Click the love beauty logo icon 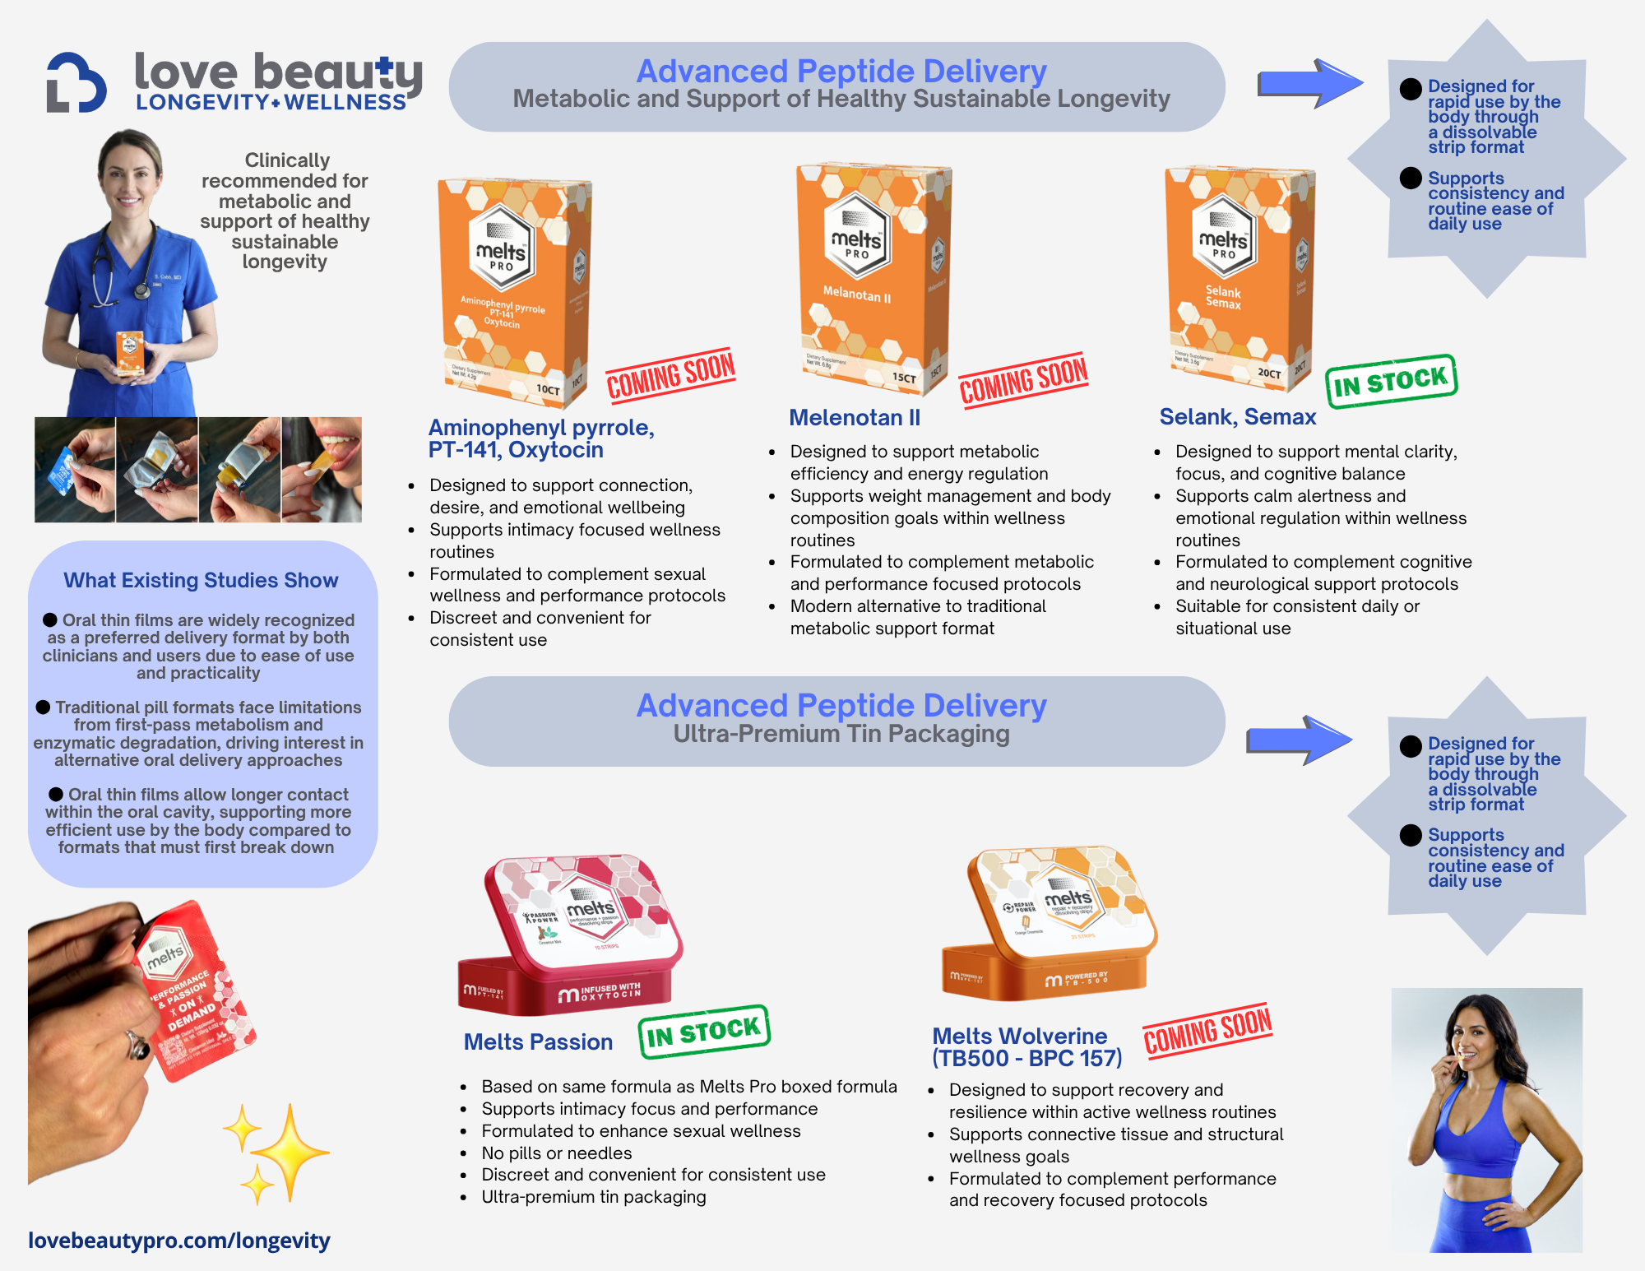76,82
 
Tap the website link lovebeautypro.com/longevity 179,1241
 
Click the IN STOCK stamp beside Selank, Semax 1391,381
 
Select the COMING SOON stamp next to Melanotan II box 1023,380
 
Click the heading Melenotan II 855,418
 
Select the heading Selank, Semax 1237,417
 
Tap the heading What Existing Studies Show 201,581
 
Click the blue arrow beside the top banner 1309,83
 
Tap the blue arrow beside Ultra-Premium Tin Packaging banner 1300,740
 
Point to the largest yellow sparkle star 290,1152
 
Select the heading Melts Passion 538,1042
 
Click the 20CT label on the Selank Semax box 1268,373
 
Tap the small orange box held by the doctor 130,352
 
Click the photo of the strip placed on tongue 322,470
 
